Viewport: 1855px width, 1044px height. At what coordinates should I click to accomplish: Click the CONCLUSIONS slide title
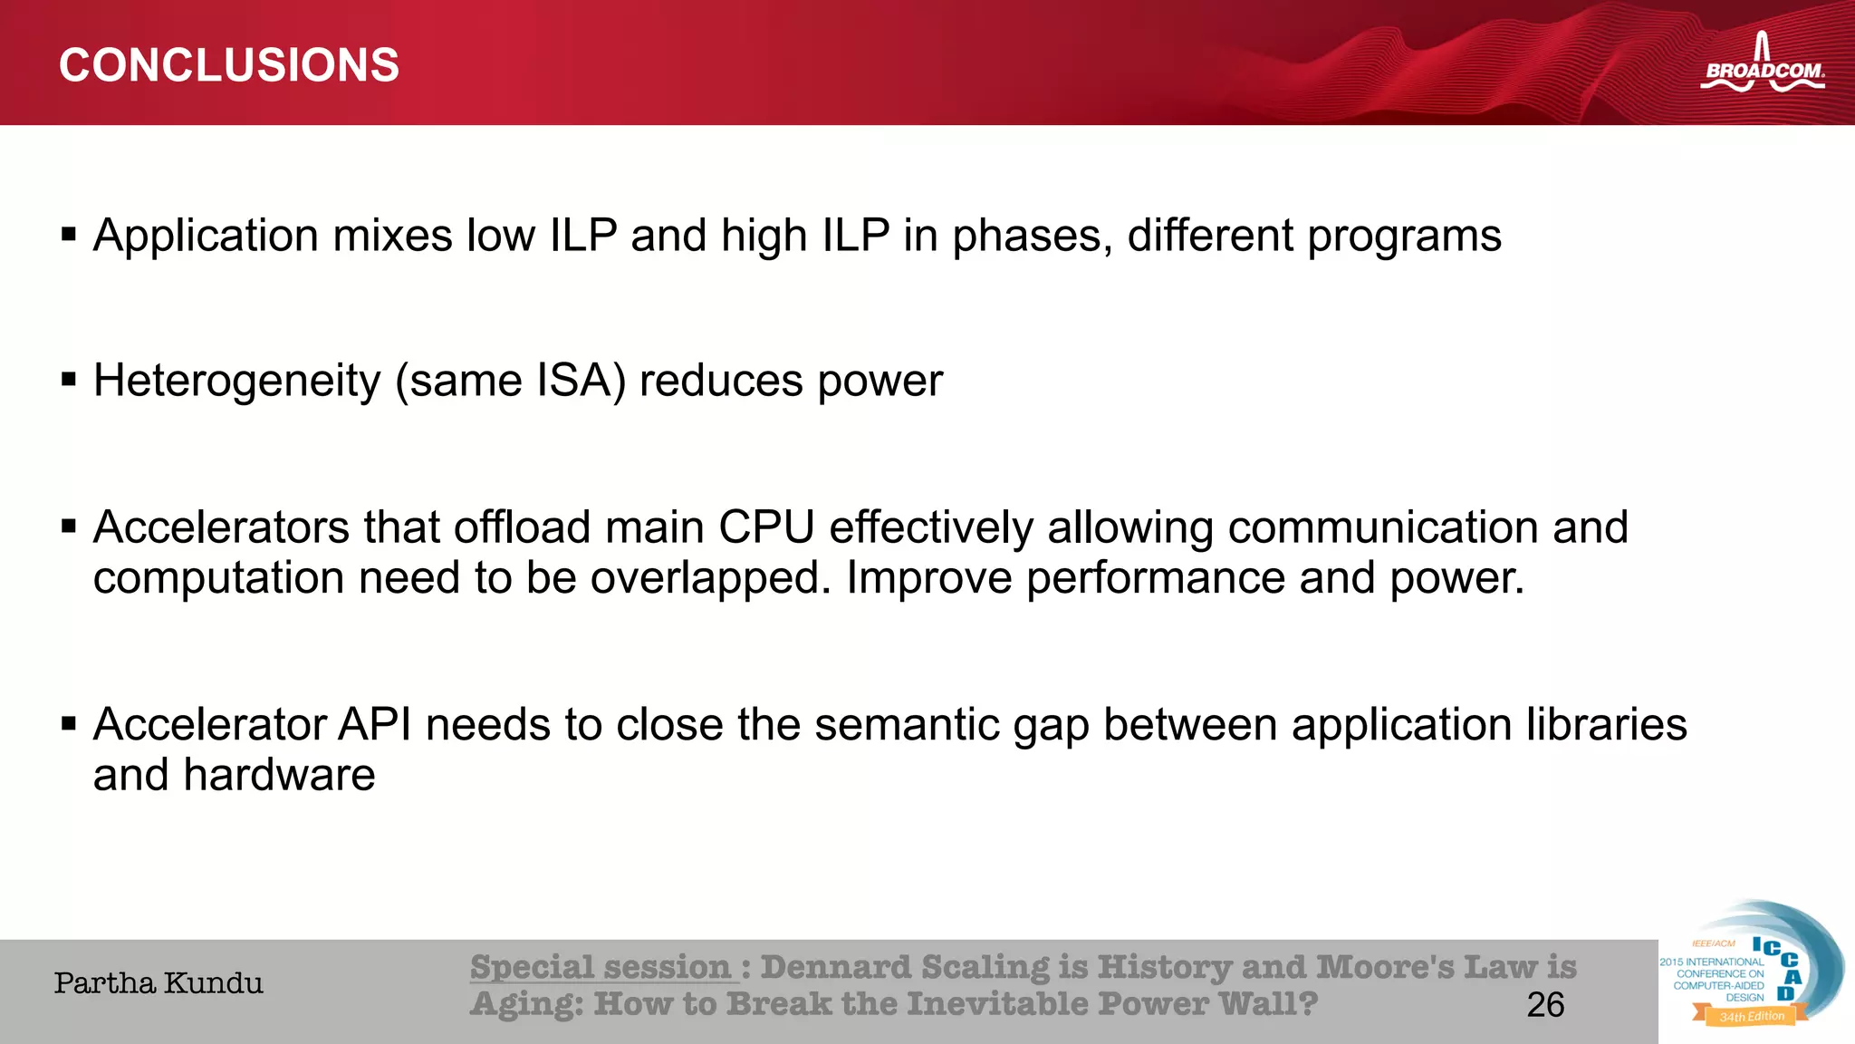pos(228,65)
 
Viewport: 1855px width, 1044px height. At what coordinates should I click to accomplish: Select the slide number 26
pos(1545,1005)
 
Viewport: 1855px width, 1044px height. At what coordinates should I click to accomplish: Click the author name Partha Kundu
pos(159,983)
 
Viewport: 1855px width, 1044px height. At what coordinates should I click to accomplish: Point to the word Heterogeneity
pos(237,381)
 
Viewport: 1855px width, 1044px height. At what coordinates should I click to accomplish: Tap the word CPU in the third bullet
pos(766,527)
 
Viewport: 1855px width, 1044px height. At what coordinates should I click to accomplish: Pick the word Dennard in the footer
pos(835,967)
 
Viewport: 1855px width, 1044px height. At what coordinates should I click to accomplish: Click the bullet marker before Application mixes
pos(69,236)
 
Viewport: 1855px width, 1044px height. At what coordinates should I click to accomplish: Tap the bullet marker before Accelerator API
pos(69,724)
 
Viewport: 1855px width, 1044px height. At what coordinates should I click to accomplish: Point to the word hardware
pos(279,776)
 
